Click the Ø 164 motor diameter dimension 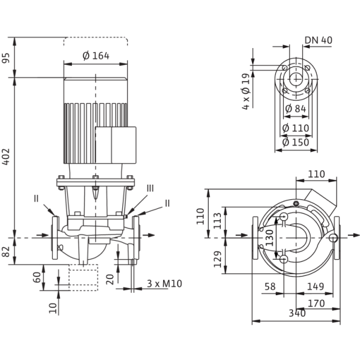pos(96,56)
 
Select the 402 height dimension pos(6,157)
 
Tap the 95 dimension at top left pos(6,58)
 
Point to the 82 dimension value pos(6,251)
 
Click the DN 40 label pos(319,40)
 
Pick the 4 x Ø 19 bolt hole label pos(245,91)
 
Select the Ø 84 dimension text pos(295,109)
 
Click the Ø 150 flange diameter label pos(295,142)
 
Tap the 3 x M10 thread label pos(164,284)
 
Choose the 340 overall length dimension pos(297,313)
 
